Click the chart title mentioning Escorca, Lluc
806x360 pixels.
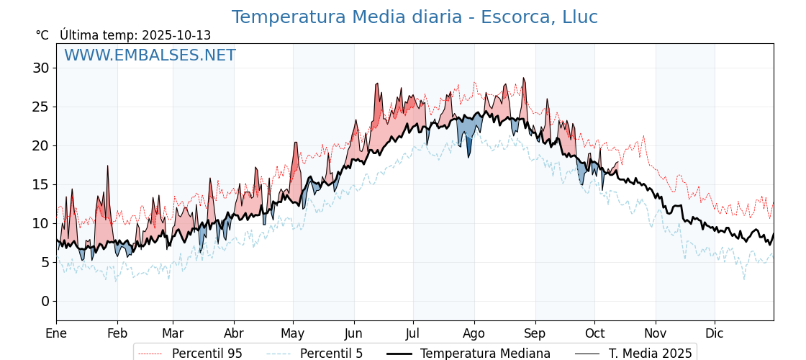point(415,17)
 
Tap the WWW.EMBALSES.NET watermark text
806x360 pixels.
point(150,55)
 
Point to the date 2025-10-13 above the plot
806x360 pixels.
point(176,35)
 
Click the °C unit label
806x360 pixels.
point(42,35)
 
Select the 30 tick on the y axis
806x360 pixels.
point(40,68)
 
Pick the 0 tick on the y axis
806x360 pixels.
point(45,301)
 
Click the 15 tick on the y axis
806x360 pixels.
point(40,184)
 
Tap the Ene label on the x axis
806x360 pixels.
point(56,333)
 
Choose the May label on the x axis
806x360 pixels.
point(293,333)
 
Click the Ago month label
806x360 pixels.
point(474,333)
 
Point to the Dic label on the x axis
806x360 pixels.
point(715,333)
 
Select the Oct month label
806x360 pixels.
point(594,333)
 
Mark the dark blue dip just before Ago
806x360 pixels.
point(468,148)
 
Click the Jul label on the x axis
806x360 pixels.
point(413,333)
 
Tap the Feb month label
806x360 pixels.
point(117,333)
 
